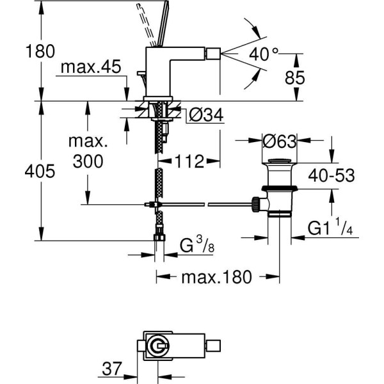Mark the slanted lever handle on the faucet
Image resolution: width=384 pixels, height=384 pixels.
(153, 22)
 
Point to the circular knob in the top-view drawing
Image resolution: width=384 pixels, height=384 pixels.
(156, 348)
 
